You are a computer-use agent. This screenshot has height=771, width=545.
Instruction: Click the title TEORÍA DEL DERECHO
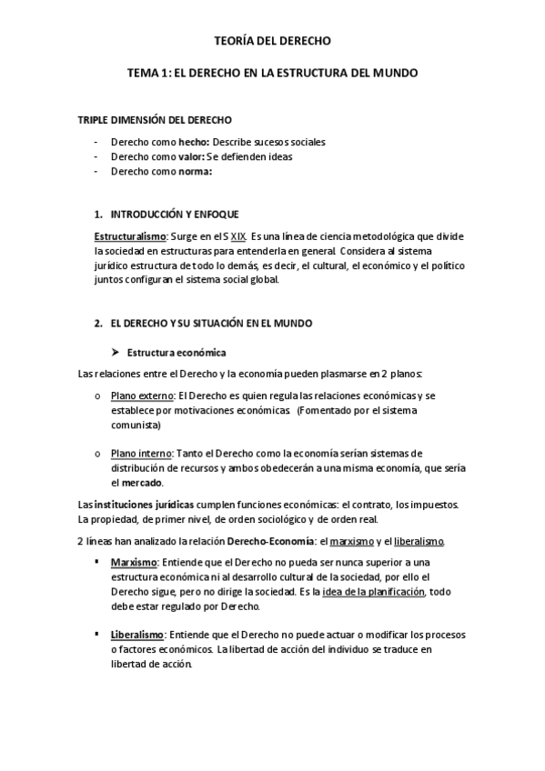tap(272, 41)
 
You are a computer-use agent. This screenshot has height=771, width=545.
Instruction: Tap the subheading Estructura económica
tap(177, 352)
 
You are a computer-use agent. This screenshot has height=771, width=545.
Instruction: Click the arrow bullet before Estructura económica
tap(116, 352)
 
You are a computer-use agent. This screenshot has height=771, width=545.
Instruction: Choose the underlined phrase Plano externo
tap(142, 396)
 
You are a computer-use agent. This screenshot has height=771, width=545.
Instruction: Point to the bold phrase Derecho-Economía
tap(264, 541)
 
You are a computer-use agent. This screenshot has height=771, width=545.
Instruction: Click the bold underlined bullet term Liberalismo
tap(137, 636)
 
